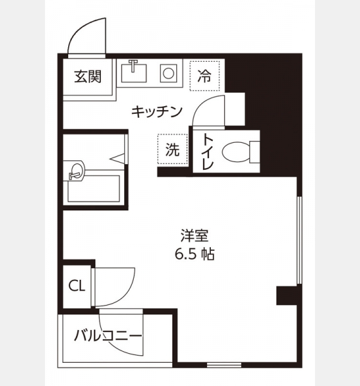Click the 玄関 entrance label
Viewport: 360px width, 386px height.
pos(88,77)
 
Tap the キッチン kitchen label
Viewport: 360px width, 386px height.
pos(157,111)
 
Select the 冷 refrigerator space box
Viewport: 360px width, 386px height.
pos(204,75)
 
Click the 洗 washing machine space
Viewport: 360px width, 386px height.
pos(172,149)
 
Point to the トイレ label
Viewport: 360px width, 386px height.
pos(207,152)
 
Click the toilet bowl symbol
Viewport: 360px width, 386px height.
pos(237,152)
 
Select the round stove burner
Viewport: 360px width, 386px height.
pos(168,73)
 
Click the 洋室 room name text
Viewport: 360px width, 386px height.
pos(194,236)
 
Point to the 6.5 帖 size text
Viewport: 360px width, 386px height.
pos(195,254)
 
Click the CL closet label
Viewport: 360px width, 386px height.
pos(76,286)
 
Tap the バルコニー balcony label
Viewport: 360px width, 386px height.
pos(108,336)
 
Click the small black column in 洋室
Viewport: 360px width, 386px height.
pos(287,296)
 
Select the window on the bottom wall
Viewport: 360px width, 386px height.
pos(224,365)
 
